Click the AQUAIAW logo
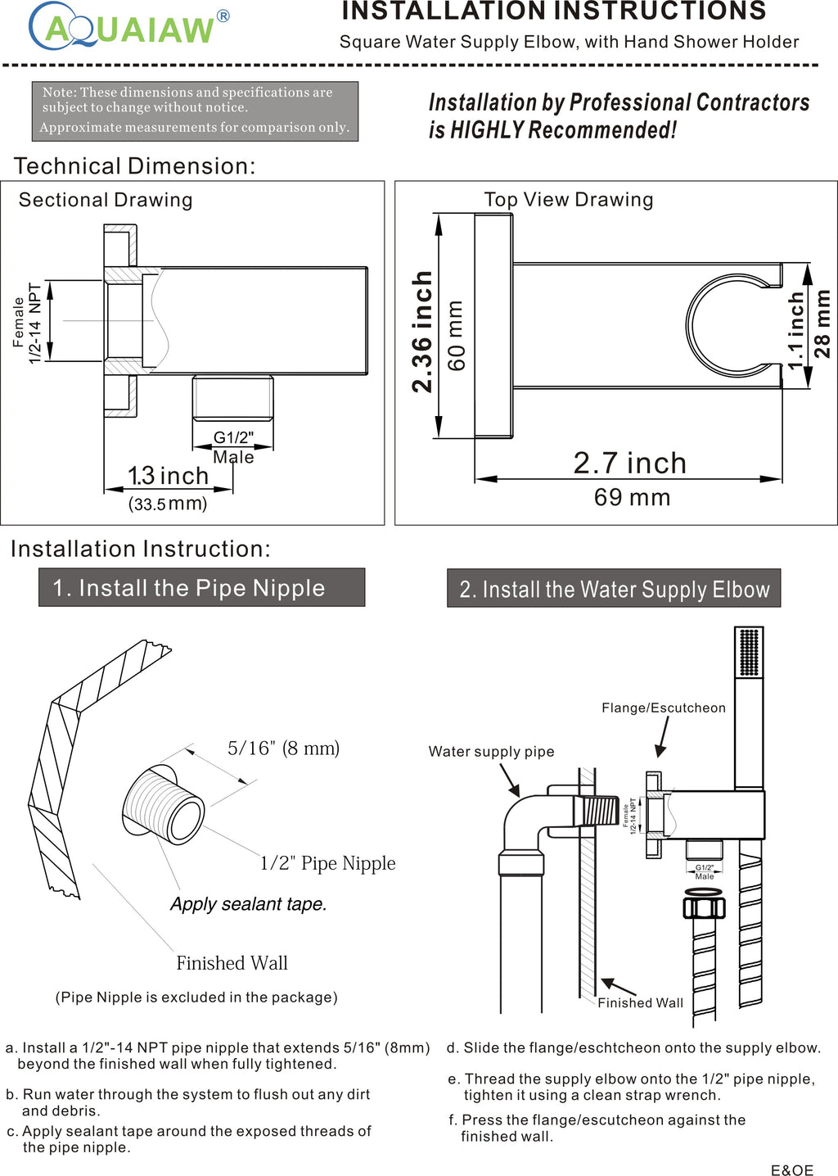129,27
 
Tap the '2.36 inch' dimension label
422,332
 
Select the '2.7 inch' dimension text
629,464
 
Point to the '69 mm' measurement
632,498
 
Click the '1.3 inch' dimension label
168,476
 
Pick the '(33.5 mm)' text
168,504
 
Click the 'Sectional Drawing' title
106,201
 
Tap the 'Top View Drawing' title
569,200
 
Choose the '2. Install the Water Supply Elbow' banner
614,589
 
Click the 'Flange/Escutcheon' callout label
663,708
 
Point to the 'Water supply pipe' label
491,752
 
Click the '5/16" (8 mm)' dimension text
283,749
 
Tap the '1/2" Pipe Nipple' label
327,863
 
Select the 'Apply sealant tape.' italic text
248,904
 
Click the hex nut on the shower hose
704,907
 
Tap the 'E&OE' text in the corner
791,1170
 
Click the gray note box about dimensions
195,111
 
